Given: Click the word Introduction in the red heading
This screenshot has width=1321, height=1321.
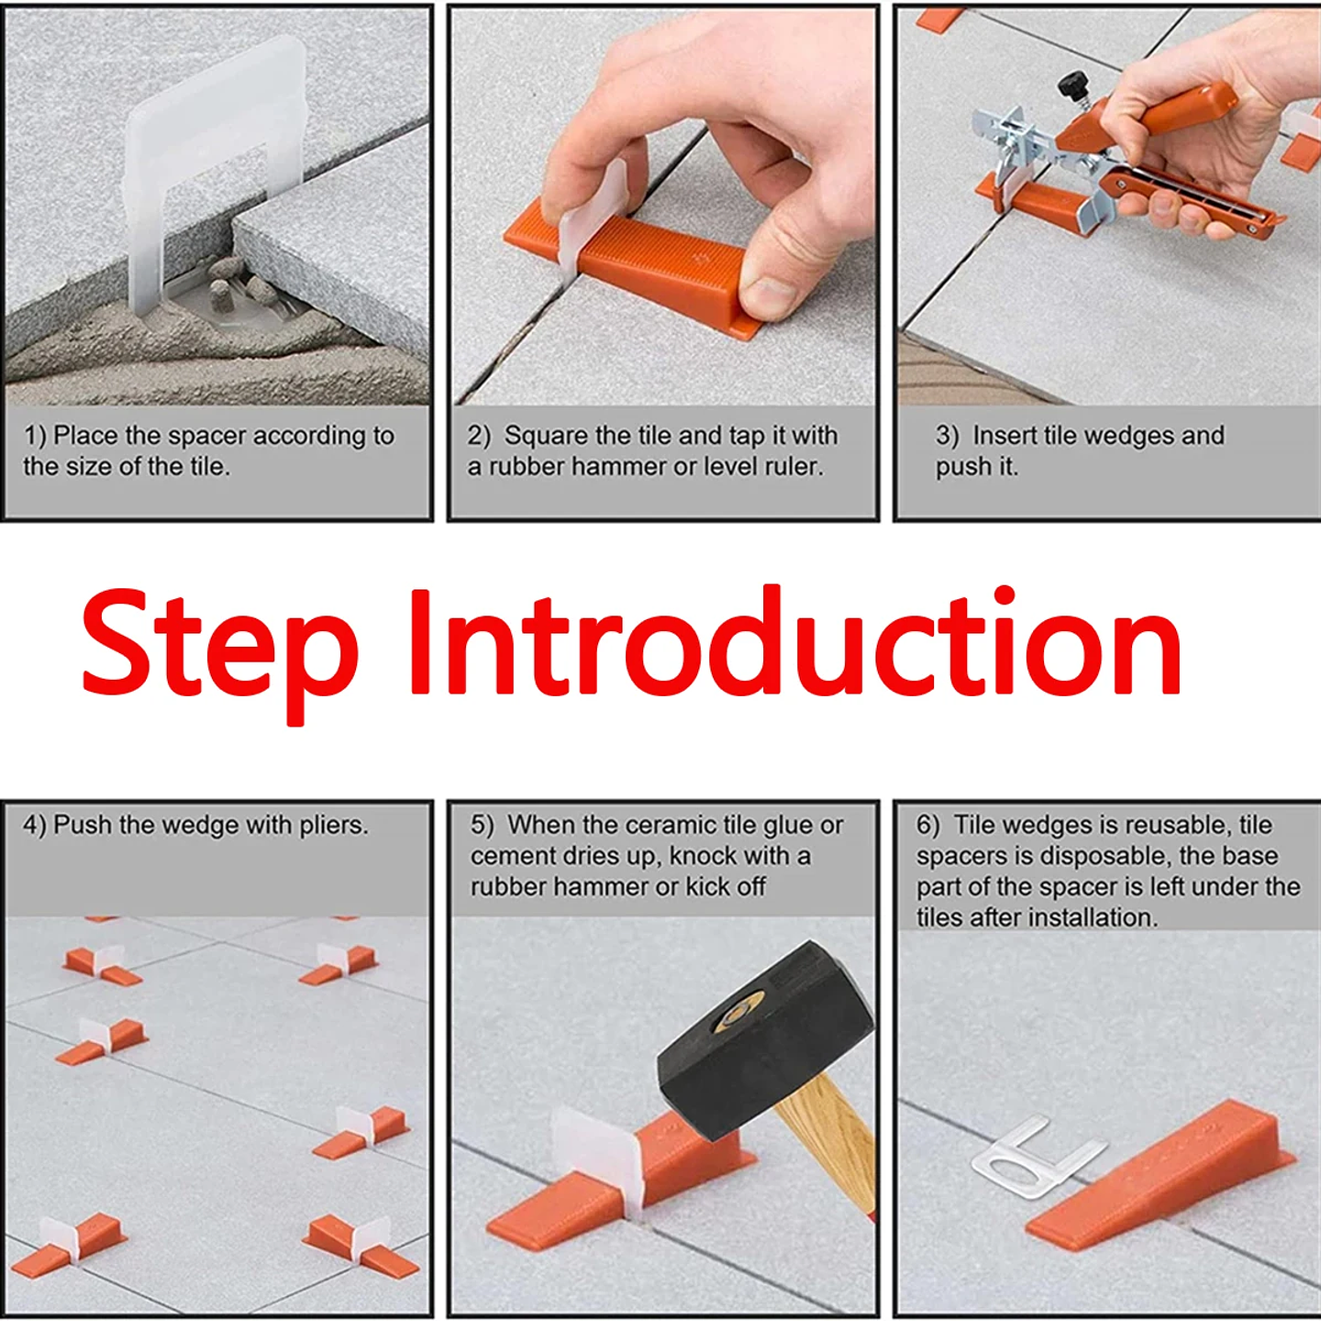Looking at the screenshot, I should (794, 642).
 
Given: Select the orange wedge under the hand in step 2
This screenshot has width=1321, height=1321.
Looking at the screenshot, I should (660, 266).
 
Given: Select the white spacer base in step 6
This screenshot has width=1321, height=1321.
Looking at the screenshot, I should (1032, 1160).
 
